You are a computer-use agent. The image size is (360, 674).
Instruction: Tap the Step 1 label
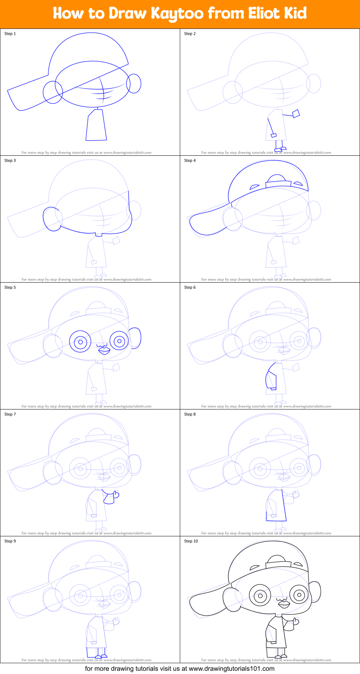click(x=10, y=34)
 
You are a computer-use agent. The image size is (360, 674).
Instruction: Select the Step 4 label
click(x=190, y=160)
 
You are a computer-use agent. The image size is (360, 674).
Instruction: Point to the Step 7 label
click(x=10, y=414)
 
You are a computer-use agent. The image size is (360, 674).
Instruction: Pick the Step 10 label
click(x=191, y=541)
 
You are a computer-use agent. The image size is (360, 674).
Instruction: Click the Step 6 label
click(x=190, y=287)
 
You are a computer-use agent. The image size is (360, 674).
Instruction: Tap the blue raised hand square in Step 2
click(x=296, y=114)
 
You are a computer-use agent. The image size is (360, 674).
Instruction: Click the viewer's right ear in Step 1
click(x=134, y=84)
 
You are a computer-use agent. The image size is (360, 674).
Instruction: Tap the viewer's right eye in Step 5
click(x=119, y=341)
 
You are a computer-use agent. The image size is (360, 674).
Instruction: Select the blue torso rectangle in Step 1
click(x=96, y=126)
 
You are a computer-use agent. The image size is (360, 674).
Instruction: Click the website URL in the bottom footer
click(x=231, y=669)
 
